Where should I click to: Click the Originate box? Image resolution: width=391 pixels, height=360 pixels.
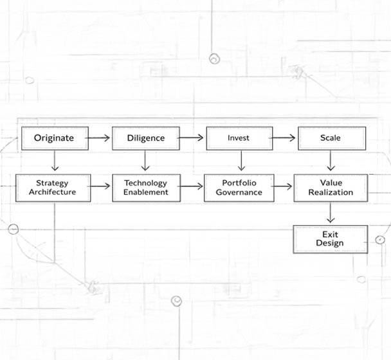(x=54, y=138)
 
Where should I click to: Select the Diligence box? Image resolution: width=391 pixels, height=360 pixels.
(x=145, y=138)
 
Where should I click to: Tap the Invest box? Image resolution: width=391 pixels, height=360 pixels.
(x=238, y=138)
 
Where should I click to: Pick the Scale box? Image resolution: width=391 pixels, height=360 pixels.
(x=331, y=138)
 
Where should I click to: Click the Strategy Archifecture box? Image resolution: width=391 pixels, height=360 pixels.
(x=53, y=188)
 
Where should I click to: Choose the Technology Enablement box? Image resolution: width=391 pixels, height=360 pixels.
(x=145, y=188)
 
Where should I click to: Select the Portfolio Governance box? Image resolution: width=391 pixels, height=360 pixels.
(x=239, y=188)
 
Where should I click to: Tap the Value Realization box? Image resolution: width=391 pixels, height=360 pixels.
(x=331, y=188)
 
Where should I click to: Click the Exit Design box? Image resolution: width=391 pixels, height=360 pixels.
(x=330, y=239)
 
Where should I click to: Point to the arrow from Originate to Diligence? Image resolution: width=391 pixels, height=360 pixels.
(x=99, y=138)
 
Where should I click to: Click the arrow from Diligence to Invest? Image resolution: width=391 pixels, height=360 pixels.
(x=192, y=138)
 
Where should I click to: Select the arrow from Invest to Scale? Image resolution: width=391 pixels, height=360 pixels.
(x=284, y=138)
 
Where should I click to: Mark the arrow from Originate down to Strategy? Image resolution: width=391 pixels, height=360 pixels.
(x=55, y=161)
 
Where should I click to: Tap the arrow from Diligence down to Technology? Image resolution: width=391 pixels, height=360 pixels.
(x=146, y=161)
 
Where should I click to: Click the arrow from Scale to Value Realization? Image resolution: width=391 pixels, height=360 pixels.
(x=331, y=161)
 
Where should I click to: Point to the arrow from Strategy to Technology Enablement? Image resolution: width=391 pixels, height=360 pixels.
(x=101, y=187)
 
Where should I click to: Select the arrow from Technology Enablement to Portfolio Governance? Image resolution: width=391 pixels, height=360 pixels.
(x=192, y=187)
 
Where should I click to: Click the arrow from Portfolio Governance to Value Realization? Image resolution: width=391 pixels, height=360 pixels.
(x=284, y=187)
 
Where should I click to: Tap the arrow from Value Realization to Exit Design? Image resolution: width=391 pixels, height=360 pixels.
(x=330, y=213)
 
